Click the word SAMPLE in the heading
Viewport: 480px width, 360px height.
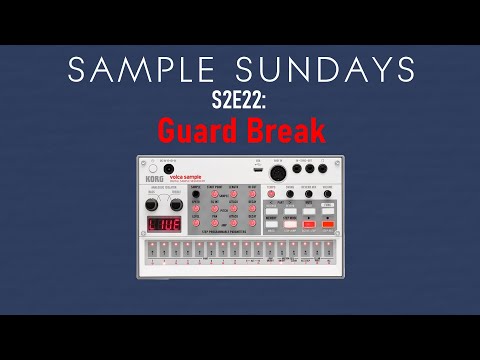[x=129, y=69]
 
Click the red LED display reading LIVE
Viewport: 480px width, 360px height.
[x=163, y=225]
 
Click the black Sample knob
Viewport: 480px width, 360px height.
[x=194, y=194]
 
